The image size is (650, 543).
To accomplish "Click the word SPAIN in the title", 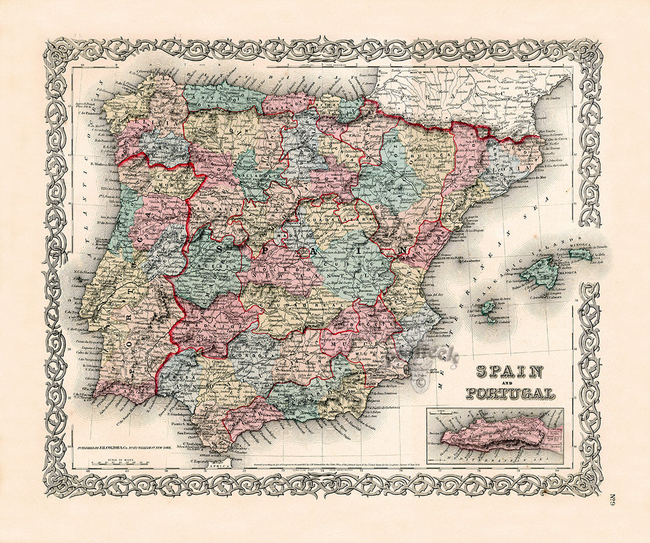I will tap(509, 372).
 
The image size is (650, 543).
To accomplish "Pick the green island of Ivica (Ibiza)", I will tap(488, 307).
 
